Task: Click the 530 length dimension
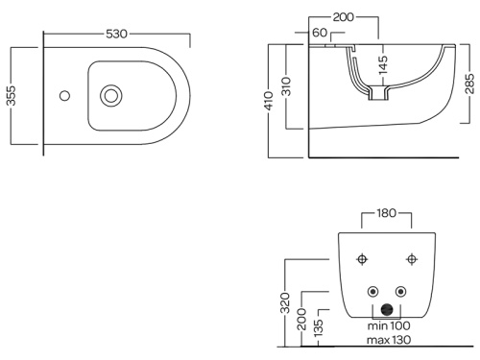[x=117, y=34]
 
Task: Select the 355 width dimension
[x=12, y=95]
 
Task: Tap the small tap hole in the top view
[x=65, y=96]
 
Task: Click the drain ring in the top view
[x=111, y=96]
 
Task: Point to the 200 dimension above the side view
[x=344, y=17]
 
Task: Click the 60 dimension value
[x=320, y=33]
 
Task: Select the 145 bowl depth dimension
[x=383, y=65]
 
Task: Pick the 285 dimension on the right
[x=469, y=84]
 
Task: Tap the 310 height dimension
[x=287, y=86]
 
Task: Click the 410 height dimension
[x=270, y=101]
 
